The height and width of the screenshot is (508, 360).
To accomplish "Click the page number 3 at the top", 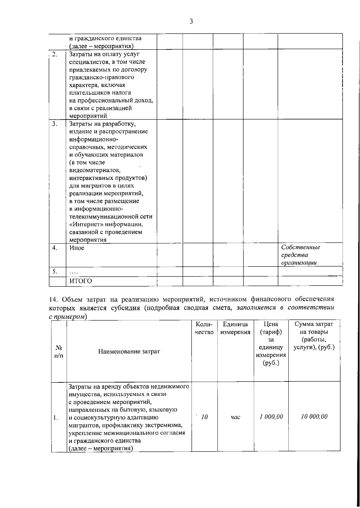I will pos(191,21).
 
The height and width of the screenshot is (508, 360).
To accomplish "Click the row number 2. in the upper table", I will pos(54,54).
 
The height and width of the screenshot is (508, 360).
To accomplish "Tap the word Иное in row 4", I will pos(77,248).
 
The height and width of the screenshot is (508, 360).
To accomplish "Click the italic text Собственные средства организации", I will pos(300,255).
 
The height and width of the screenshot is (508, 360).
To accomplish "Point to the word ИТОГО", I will pos(81,281).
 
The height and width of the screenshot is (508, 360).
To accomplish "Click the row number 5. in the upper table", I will pos(54,272).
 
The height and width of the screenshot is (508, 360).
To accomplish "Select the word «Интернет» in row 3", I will pos(83,224).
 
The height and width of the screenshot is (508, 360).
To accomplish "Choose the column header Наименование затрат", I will pos(129,351).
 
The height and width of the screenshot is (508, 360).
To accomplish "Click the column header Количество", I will pos(204,328).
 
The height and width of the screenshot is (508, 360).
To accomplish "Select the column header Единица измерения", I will pos(235,328).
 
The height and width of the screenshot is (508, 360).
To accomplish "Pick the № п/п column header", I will pos(59,351).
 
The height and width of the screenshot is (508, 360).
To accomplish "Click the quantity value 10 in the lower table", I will pos(205,417).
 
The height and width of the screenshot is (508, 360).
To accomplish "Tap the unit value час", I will pos(235,417).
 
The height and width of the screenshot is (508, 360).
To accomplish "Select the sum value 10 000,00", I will pos(314,417).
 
